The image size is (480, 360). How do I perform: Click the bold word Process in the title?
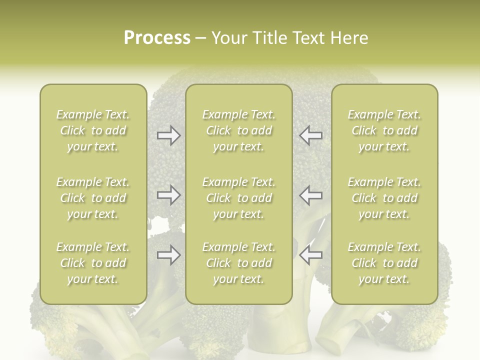click(x=157, y=38)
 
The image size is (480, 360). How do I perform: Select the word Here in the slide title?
click(x=349, y=38)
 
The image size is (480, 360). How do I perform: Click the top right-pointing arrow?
click(x=168, y=135)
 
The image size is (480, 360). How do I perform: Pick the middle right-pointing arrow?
click(x=168, y=195)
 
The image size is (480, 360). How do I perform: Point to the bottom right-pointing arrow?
click(x=168, y=255)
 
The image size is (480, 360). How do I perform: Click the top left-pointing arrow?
click(x=311, y=135)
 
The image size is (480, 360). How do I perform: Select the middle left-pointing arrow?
click(x=311, y=195)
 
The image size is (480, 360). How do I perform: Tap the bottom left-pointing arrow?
click(x=311, y=255)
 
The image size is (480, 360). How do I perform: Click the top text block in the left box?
click(x=93, y=130)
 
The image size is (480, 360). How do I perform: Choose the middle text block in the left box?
click(x=93, y=198)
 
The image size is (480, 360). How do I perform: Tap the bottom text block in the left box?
click(x=93, y=263)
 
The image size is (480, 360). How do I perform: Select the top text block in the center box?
click(x=238, y=130)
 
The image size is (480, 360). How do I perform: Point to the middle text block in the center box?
click(x=238, y=198)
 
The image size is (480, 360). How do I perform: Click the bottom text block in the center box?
click(x=238, y=263)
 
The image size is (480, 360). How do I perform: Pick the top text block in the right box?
click(x=384, y=130)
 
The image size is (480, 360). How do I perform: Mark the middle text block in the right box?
click(x=384, y=198)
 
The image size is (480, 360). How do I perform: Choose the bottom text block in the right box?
click(x=384, y=263)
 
